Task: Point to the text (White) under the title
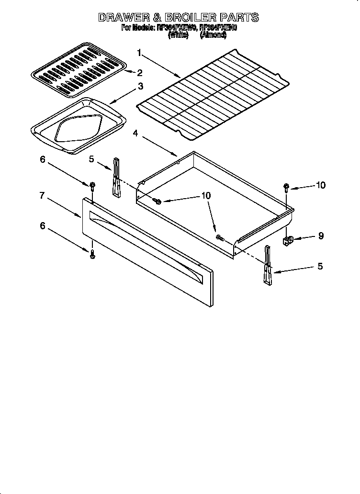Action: pos(178,35)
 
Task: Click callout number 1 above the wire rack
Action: pos(139,52)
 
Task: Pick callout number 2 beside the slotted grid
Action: pos(140,73)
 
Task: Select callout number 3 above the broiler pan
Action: pos(140,87)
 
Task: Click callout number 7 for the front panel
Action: pos(42,195)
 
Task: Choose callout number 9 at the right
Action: pos(321,236)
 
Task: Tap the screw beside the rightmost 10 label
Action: pos(286,187)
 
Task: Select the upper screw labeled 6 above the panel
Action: pos(91,185)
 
